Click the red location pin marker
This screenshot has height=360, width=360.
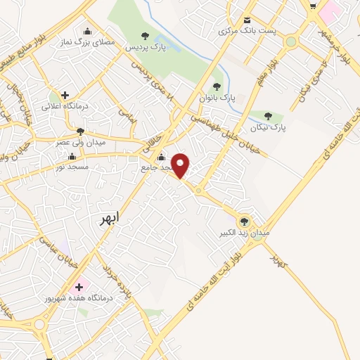tap(181, 165)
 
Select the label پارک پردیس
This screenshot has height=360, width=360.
tap(145, 47)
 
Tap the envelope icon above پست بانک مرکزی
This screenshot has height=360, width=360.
tap(247, 20)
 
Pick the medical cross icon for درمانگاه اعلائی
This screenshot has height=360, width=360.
tap(65, 95)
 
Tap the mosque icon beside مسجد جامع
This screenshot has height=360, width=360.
tap(162, 157)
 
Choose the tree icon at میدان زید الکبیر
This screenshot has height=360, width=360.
tap(245, 221)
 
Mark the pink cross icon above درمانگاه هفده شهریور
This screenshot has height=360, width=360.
tap(79, 287)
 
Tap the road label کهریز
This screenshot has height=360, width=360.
tap(279, 261)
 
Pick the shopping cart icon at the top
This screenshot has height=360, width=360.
tap(313, 5)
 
